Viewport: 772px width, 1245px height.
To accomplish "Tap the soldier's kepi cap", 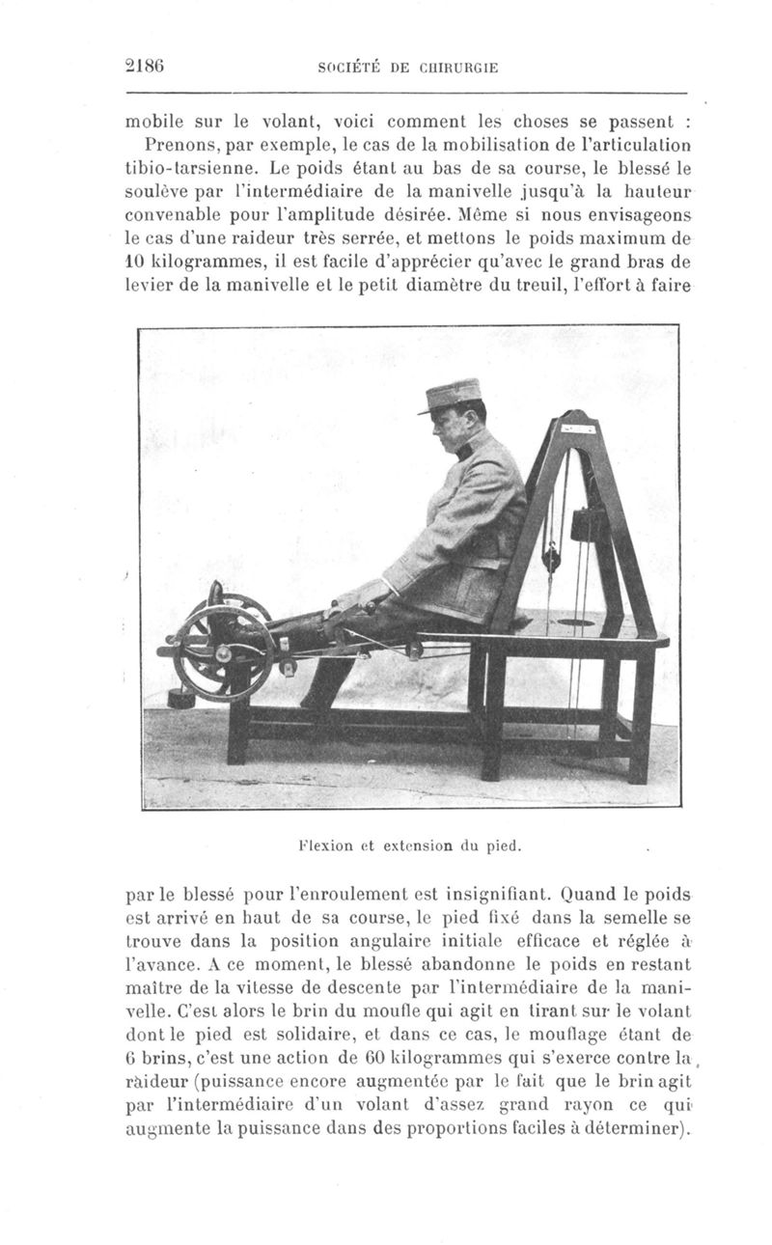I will (x=451, y=395).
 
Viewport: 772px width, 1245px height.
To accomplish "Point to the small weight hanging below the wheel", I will (x=179, y=697).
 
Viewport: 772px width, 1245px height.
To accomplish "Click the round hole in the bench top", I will (x=577, y=623).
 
